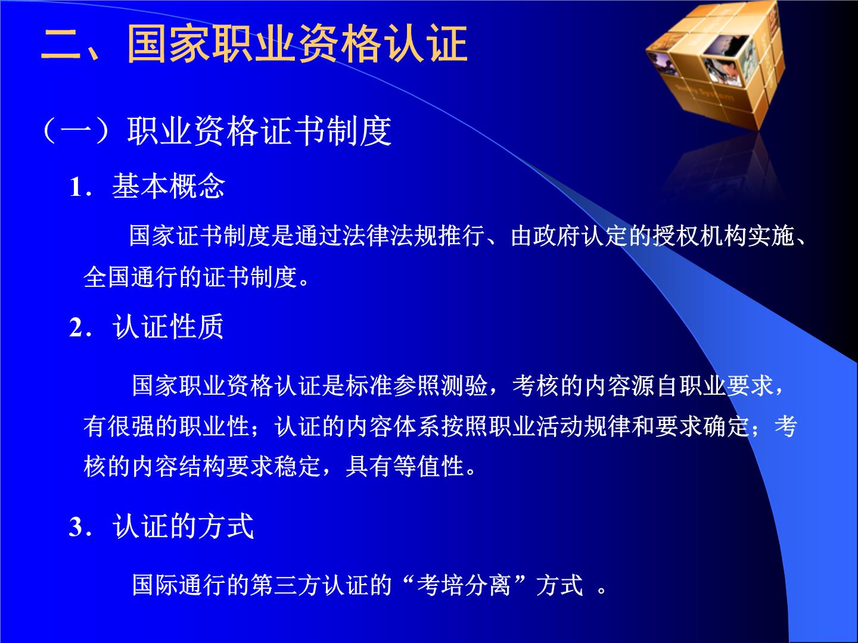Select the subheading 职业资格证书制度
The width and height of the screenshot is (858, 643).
coord(259,131)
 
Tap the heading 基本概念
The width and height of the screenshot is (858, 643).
coord(169,186)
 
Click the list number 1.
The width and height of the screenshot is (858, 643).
coord(76,187)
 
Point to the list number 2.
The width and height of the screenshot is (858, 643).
coord(76,327)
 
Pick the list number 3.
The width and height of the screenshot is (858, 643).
coord(76,527)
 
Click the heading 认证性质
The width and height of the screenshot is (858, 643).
coord(168,326)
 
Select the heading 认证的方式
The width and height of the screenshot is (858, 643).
coord(183,526)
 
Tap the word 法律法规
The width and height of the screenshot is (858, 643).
coord(390,236)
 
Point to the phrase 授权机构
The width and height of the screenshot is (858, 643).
coord(700,236)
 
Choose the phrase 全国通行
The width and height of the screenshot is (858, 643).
coord(131,277)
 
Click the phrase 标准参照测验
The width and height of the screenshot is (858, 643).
coord(416,385)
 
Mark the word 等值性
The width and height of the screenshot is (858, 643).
coord(429,466)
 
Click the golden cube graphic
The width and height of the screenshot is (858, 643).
coord(716,64)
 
